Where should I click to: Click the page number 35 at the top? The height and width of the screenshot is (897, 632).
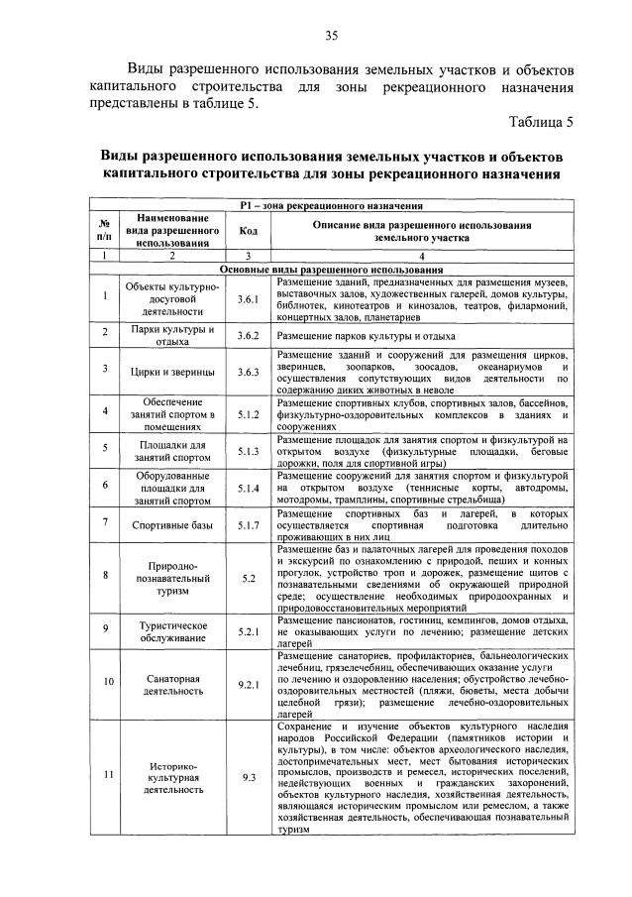[x=332, y=37]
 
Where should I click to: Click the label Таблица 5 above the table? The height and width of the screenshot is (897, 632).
[x=541, y=123]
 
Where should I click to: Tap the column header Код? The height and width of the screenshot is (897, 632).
[x=249, y=231]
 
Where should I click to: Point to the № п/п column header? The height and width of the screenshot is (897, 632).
[x=105, y=231]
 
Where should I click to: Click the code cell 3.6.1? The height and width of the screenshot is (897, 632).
[x=249, y=298]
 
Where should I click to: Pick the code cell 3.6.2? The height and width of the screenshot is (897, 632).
[x=249, y=336]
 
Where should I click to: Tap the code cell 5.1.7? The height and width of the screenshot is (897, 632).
[x=249, y=525]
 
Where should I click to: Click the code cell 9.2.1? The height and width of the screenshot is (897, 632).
[x=249, y=683]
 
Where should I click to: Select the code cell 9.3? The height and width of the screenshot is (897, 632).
[x=249, y=777]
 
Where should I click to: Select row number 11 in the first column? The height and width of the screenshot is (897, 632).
[x=105, y=777]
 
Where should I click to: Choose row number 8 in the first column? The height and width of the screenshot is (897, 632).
[x=105, y=575]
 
